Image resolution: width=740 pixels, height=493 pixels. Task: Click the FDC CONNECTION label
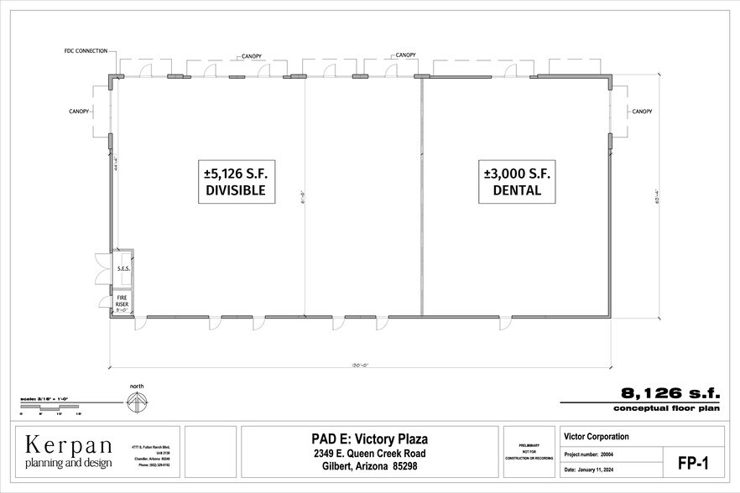click(x=86, y=51)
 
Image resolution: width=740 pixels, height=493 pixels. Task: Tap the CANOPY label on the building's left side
click(x=80, y=111)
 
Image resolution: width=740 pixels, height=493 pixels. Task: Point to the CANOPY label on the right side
click(x=642, y=111)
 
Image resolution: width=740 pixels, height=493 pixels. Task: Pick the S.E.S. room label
click(x=122, y=269)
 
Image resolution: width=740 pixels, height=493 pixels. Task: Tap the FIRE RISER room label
click(x=122, y=300)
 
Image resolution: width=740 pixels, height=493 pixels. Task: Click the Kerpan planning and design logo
click(x=67, y=451)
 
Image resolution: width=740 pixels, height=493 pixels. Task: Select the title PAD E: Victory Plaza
click(x=370, y=439)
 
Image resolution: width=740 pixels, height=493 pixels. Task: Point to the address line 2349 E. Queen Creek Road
click(x=370, y=454)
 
